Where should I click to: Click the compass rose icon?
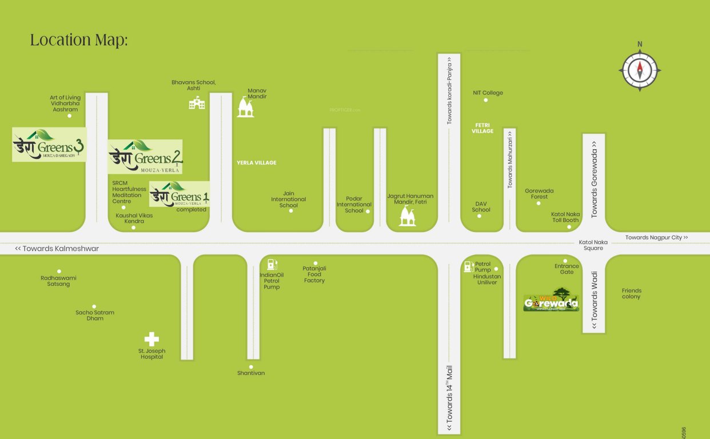pyautogui.click(x=640, y=70)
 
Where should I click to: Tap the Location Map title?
pyautogui.click(x=79, y=41)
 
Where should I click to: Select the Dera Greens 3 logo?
pyautogui.click(x=49, y=145)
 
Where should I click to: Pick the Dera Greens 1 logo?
pyautogui.click(x=179, y=194)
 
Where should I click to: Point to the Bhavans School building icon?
pyautogui.click(x=197, y=103)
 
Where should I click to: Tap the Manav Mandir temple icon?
pyautogui.click(x=246, y=107)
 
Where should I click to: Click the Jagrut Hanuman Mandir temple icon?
pyautogui.click(x=408, y=216)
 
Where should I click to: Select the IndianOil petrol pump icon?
pyautogui.click(x=272, y=264)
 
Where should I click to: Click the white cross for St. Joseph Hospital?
pyautogui.click(x=151, y=339)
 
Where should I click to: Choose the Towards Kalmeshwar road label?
pyautogui.click(x=57, y=249)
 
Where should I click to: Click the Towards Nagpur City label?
pyautogui.click(x=656, y=237)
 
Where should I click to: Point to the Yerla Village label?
pyautogui.click(x=257, y=163)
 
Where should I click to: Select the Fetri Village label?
pyautogui.click(x=482, y=128)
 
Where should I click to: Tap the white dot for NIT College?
pyautogui.click(x=486, y=100)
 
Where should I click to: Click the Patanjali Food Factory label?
pyautogui.click(x=314, y=274)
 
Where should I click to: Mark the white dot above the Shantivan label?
pyautogui.click(x=250, y=367)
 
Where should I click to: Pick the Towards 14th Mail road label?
pyautogui.click(x=449, y=394)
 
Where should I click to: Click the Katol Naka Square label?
pyautogui.click(x=591, y=245)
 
